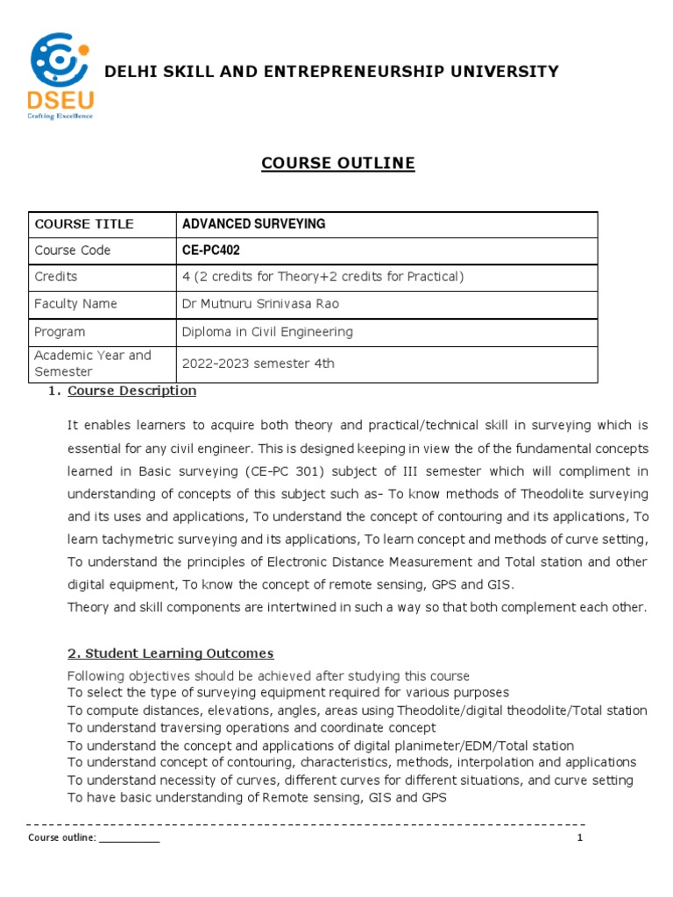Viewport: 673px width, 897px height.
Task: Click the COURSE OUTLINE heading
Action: coord(326,163)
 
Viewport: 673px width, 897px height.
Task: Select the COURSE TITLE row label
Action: coord(84,224)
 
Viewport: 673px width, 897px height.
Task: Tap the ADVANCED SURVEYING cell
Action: coord(253,224)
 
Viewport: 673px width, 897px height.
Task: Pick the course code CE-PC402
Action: coord(210,251)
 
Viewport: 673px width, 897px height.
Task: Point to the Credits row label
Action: coord(56,277)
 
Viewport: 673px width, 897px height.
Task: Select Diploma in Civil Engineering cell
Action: coord(267,332)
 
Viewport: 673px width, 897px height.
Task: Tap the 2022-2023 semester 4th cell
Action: coord(258,364)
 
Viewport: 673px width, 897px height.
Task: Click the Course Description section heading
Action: coord(131,391)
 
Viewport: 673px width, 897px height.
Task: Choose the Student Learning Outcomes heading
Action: coord(171,653)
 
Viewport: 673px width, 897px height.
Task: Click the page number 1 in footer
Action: coord(579,837)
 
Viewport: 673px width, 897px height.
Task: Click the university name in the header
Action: coord(331,72)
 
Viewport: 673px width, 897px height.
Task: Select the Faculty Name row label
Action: coord(75,304)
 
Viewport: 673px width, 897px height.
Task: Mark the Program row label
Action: coord(60,332)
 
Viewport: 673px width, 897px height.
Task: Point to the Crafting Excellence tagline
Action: coord(60,115)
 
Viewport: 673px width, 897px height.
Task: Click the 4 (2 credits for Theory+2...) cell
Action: coord(322,277)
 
